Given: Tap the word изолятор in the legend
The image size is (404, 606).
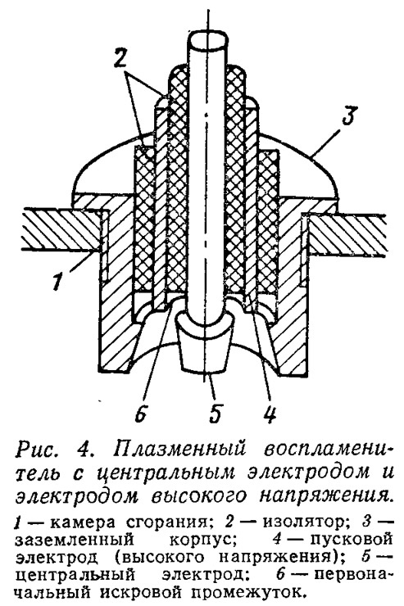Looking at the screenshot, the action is pyautogui.click(x=302, y=522).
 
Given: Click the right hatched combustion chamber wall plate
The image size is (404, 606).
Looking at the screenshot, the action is pyautogui.click(x=347, y=234).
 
